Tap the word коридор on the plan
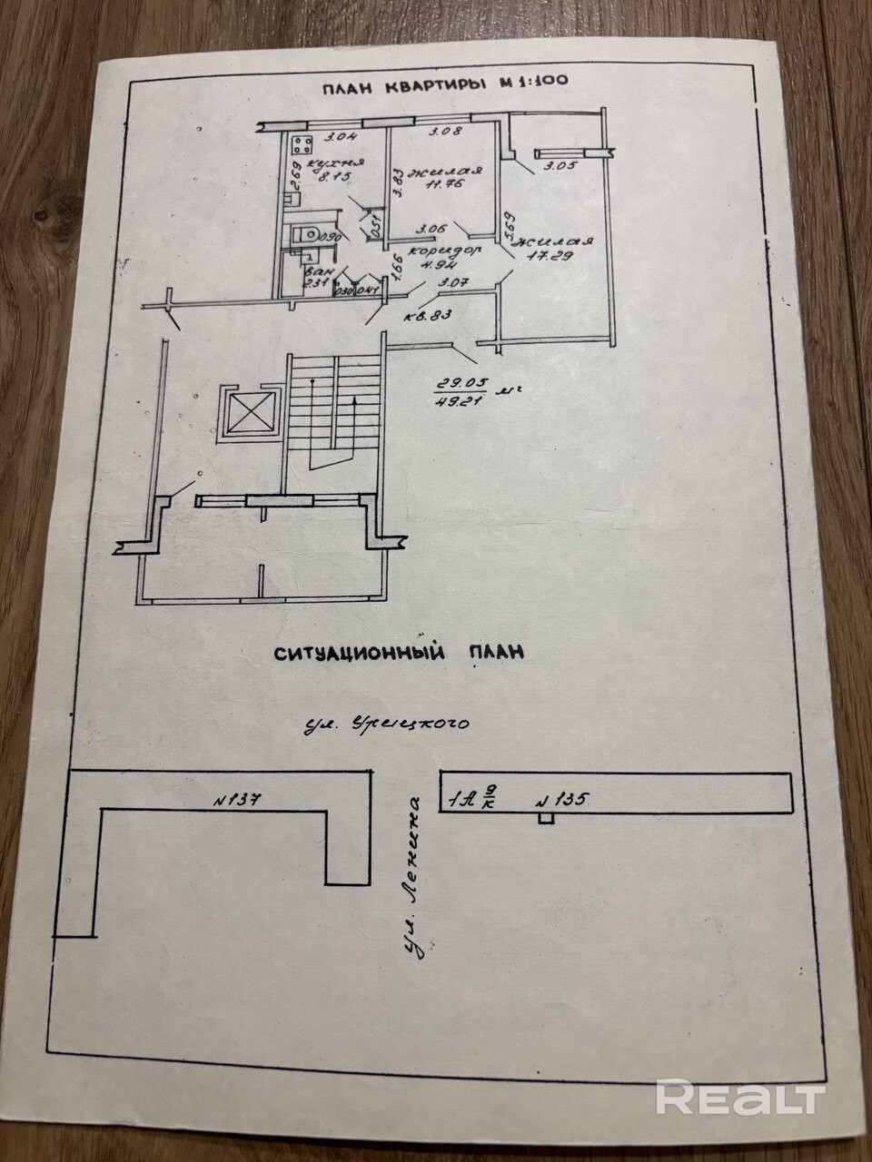click(433, 249)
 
